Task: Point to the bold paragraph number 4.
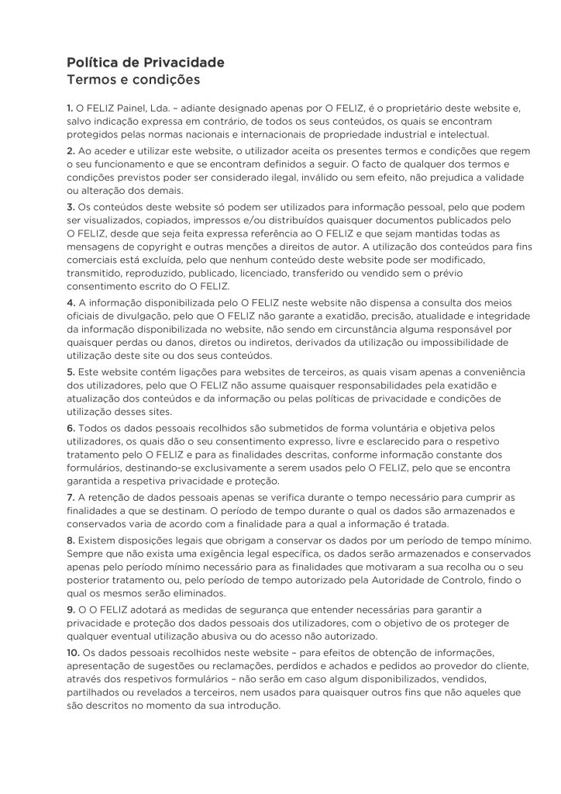coord(71,302)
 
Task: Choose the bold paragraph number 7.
coord(71,496)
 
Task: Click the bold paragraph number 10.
coord(74,652)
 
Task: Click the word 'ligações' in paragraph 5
coord(188,372)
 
